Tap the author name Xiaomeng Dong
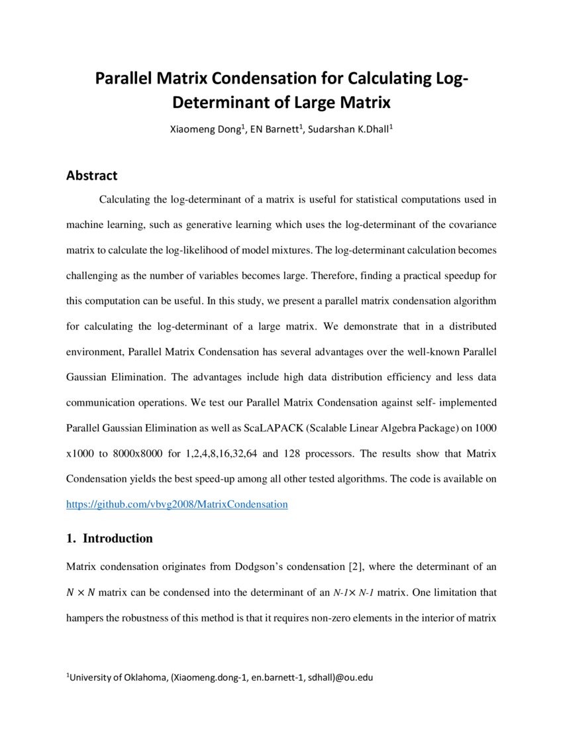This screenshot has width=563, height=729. coord(207,129)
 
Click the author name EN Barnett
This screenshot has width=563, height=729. coord(276,129)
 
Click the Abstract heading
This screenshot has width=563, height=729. coord(91,176)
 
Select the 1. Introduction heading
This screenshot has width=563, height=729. coord(109,538)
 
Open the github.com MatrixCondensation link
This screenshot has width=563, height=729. coord(177,504)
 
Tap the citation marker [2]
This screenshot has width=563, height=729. coord(355,567)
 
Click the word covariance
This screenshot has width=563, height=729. coord(468,225)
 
